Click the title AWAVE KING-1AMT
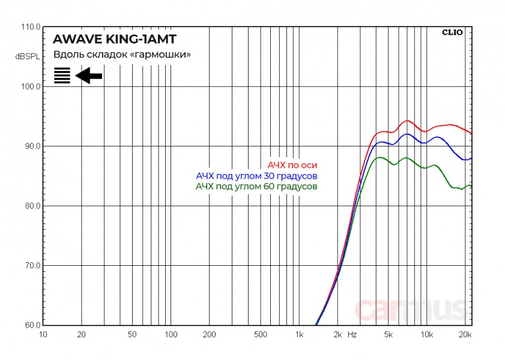coord(115,40)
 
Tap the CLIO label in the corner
coord(452,32)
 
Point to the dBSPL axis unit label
coord(28,56)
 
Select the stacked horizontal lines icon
coord(62,76)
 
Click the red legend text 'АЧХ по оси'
coord(292,164)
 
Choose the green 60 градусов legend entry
coord(256,187)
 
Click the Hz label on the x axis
coord(352,334)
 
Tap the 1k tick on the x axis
coord(299,334)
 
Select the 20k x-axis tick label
coord(464,334)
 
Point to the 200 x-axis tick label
coord(209,334)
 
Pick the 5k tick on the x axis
coord(388,334)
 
